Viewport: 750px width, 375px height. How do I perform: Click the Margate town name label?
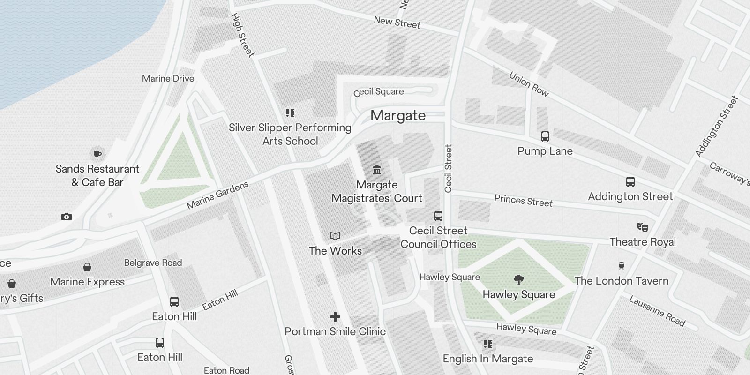click(398, 116)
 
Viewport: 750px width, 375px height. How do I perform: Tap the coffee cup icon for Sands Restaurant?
click(97, 154)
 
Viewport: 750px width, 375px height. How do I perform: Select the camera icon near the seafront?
click(67, 217)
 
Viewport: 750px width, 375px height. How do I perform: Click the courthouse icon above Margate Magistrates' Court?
click(376, 170)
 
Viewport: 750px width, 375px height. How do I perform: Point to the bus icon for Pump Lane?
click(545, 136)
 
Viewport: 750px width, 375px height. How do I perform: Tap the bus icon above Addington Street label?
click(630, 182)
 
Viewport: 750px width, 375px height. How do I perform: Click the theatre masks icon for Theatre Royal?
click(643, 227)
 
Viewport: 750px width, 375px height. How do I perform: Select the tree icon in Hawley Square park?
click(518, 280)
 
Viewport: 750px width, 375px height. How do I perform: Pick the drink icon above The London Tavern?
click(622, 266)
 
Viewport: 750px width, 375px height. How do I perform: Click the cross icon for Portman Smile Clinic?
click(335, 317)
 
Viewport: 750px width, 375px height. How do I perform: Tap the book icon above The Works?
click(335, 236)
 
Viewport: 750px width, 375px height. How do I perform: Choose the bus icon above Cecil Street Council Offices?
click(438, 216)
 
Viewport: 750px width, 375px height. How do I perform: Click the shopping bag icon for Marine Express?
click(87, 267)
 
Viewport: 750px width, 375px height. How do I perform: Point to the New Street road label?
click(397, 22)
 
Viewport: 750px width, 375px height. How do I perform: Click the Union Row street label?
click(529, 84)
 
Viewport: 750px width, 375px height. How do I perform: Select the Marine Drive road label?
click(168, 78)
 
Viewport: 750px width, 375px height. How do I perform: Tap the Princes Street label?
click(523, 201)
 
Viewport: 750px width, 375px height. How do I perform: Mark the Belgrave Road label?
click(153, 262)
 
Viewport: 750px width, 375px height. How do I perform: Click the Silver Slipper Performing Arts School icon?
click(290, 113)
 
